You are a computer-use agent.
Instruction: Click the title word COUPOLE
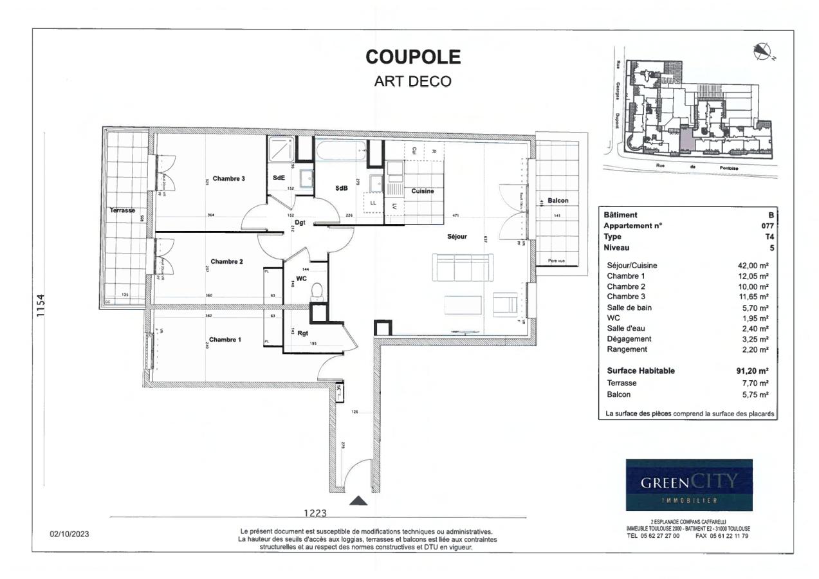coord(413,57)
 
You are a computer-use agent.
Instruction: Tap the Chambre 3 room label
coord(229,179)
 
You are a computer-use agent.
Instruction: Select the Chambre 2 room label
coord(226,261)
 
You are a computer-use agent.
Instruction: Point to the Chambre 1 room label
coord(225,339)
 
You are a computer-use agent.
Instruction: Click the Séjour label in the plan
coord(457,237)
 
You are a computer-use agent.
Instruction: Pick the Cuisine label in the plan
coord(423,191)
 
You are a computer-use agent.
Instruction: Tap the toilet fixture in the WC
coord(316,293)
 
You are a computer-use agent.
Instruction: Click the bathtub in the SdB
coord(340,152)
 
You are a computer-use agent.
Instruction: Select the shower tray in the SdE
coord(281,150)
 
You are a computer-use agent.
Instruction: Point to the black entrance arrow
coord(359,500)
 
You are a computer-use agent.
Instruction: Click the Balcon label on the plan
coord(558,201)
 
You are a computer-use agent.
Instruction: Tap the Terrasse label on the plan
coord(122,210)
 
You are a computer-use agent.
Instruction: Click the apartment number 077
coord(768,226)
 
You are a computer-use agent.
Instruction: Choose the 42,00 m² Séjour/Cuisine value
coord(753,265)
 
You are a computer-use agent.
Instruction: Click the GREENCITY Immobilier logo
coord(689,484)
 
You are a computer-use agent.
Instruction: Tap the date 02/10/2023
coord(69,534)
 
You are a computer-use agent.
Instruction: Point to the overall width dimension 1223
coord(315,513)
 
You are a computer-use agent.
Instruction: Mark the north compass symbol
coord(762,50)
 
